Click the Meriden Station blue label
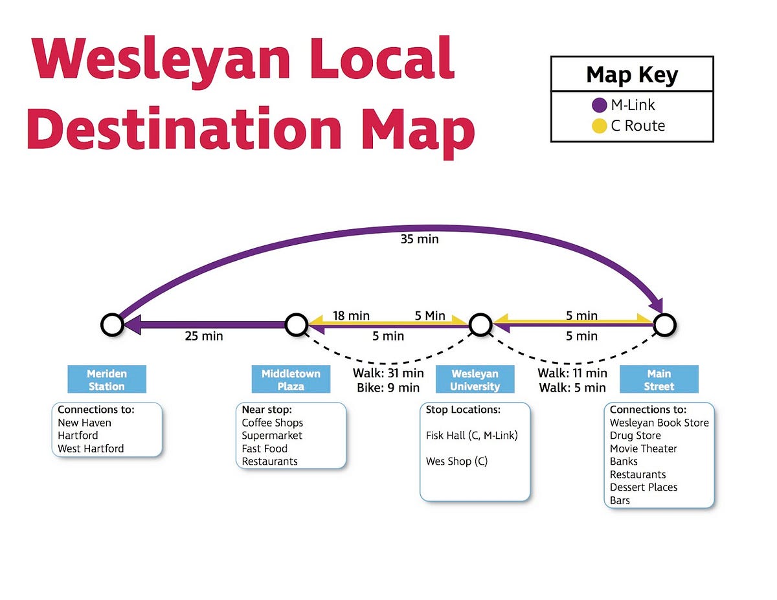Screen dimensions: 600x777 107,380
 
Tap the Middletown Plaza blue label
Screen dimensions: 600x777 291,380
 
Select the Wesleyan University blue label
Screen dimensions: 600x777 475,380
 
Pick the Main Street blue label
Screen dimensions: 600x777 659,380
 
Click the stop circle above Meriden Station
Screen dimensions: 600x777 112,324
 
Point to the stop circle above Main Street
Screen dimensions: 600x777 664,324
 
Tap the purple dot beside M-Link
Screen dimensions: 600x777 600,105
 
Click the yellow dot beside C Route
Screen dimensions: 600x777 600,126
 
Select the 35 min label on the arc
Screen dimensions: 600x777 420,239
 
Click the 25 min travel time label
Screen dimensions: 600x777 203,337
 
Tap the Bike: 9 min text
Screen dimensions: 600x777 388,388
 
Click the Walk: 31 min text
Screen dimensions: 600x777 388,373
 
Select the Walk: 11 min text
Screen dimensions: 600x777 572,373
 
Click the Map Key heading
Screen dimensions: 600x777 631,75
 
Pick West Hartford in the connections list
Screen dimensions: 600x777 91,449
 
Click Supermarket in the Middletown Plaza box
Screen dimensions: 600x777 272,436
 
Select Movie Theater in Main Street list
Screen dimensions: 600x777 643,449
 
